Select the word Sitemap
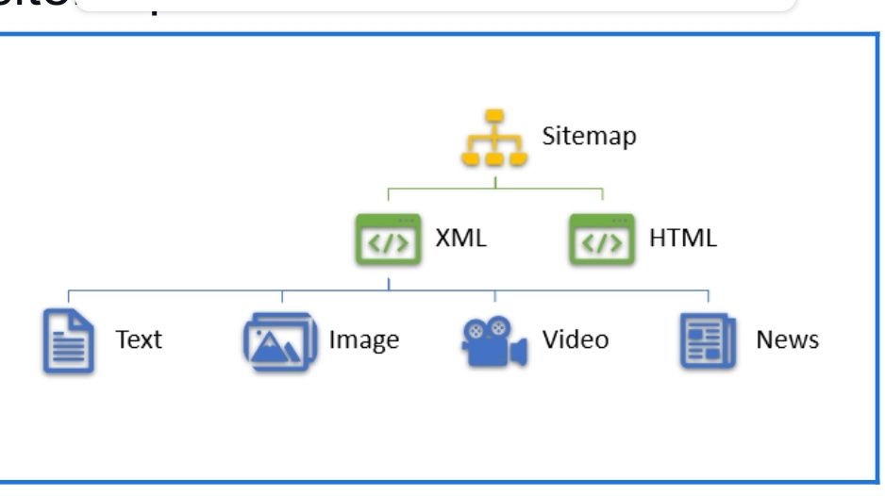[x=589, y=136]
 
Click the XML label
[x=460, y=239]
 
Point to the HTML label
[x=682, y=239]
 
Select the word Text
[x=139, y=339]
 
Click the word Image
[x=363, y=339]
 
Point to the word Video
[x=576, y=339]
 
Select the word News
[x=787, y=339]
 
